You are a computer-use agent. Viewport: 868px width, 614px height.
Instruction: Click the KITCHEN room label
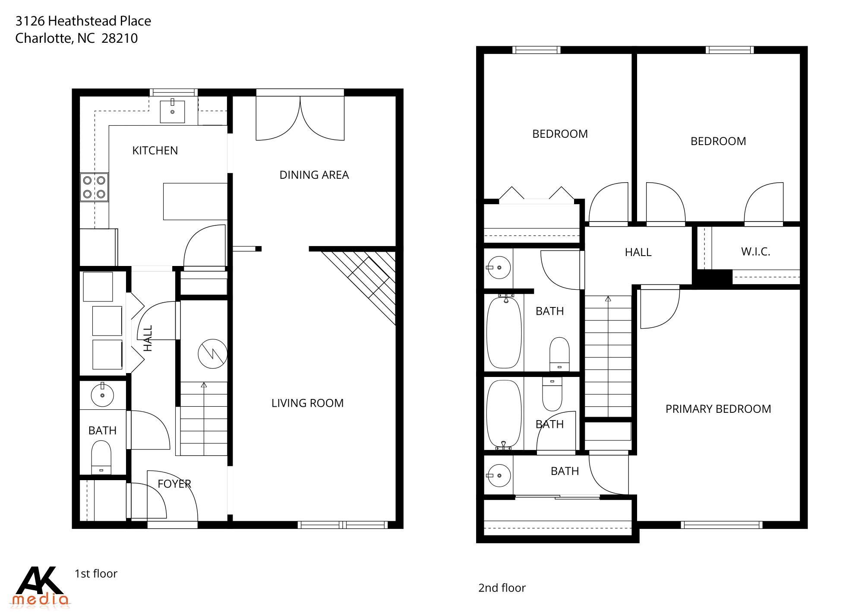pyautogui.click(x=155, y=150)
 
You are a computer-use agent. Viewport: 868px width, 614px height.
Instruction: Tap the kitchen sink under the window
pyautogui.click(x=172, y=111)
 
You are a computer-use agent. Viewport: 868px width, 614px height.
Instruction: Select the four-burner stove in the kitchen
pyautogui.click(x=94, y=187)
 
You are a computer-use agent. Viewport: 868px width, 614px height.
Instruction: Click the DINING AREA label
pyautogui.click(x=314, y=175)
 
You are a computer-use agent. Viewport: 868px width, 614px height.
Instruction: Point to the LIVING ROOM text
pyautogui.click(x=307, y=403)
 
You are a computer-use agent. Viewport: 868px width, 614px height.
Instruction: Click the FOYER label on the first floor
pyautogui.click(x=174, y=484)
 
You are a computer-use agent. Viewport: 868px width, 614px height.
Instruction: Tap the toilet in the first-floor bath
pyautogui.click(x=101, y=457)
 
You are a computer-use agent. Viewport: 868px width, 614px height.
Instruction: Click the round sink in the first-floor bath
pyautogui.click(x=102, y=395)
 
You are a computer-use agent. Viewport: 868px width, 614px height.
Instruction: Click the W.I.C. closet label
pyautogui.click(x=755, y=252)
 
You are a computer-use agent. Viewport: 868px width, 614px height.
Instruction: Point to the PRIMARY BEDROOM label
pyautogui.click(x=718, y=409)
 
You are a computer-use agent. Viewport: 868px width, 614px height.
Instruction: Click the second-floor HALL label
pyautogui.click(x=638, y=252)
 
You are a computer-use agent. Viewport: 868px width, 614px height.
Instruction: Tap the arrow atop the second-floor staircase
pyautogui.click(x=608, y=299)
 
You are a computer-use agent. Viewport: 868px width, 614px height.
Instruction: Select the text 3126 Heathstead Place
pyautogui.click(x=83, y=21)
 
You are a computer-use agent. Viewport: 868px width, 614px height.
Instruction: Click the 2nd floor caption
pyautogui.click(x=502, y=588)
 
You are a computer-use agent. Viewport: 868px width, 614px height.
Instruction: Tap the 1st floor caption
pyautogui.click(x=96, y=573)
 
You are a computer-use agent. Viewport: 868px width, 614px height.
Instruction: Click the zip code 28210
pyautogui.click(x=120, y=38)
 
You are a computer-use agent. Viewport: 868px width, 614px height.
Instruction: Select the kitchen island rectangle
pyautogui.click(x=195, y=201)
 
